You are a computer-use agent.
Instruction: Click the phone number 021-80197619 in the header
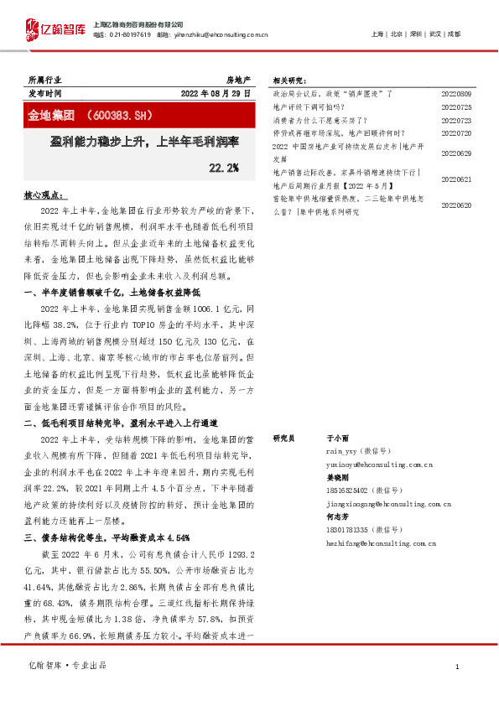(131, 34)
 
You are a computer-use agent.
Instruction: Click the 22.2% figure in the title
(223, 168)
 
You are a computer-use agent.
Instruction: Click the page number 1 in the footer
(456, 667)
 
